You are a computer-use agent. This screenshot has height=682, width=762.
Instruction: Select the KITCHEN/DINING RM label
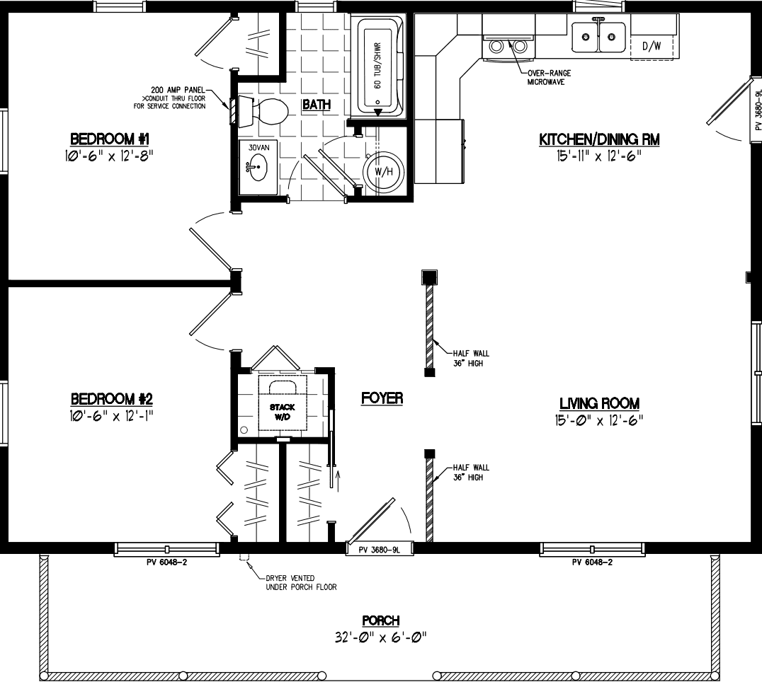click(599, 139)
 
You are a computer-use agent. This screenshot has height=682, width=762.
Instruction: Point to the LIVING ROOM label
click(599, 403)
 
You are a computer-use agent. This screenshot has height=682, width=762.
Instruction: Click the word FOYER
click(382, 398)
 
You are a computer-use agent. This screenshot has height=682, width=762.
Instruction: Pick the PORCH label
click(382, 620)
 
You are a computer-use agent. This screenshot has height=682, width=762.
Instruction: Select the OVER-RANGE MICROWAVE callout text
click(548, 77)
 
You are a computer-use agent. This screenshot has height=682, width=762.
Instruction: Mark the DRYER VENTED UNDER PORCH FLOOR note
click(301, 582)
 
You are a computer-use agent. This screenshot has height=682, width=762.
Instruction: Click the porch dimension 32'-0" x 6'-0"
click(382, 637)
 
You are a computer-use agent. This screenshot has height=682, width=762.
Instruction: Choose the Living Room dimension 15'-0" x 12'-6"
click(599, 420)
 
